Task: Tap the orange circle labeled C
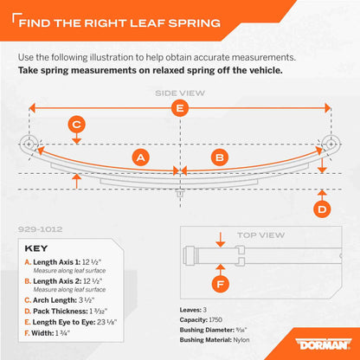[77, 125]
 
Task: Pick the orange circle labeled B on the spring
[219, 157]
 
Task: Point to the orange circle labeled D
[321, 209]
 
